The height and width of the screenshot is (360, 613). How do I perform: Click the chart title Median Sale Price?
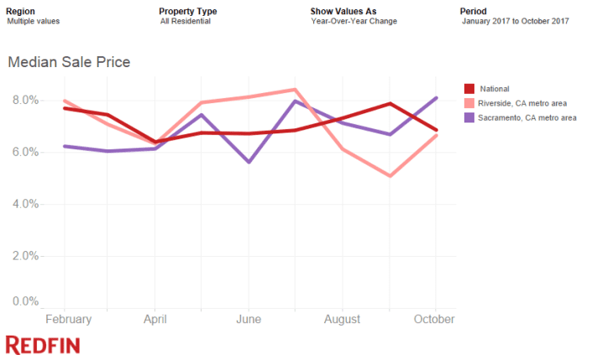pyautogui.click(x=69, y=62)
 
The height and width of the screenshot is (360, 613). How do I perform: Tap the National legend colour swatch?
pyautogui.click(x=469, y=88)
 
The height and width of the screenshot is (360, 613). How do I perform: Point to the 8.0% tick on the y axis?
pyautogui.click(x=24, y=100)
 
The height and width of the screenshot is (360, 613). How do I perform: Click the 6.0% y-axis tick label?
pyautogui.click(x=24, y=152)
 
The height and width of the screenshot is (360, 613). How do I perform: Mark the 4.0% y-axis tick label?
pyautogui.click(x=24, y=204)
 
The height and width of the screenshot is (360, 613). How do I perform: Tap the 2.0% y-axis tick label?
pyautogui.click(x=24, y=256)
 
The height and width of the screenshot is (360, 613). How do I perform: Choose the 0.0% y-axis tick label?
pyautogui.click(x=24, y=301)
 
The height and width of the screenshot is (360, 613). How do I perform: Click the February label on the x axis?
pyautogui.click(x=67, y=320)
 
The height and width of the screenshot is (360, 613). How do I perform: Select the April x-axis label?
pyautogui.click(x=155, y=320)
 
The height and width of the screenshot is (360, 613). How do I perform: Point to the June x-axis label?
pyautogui.click(x=249, y=320)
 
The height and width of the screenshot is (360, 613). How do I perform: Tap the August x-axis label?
pyautogui.click(x=342, y=320)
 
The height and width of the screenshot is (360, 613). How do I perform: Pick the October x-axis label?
pyautogui.click(x=435, y=320)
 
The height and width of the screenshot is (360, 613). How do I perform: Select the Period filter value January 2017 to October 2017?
pyautogui.click(x=516, y=21)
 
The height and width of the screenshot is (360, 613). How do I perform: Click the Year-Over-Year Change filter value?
pyautogui.click(x=354, y=21)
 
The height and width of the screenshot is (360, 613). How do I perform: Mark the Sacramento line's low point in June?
pyautogui.click(x=249, y=161)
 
